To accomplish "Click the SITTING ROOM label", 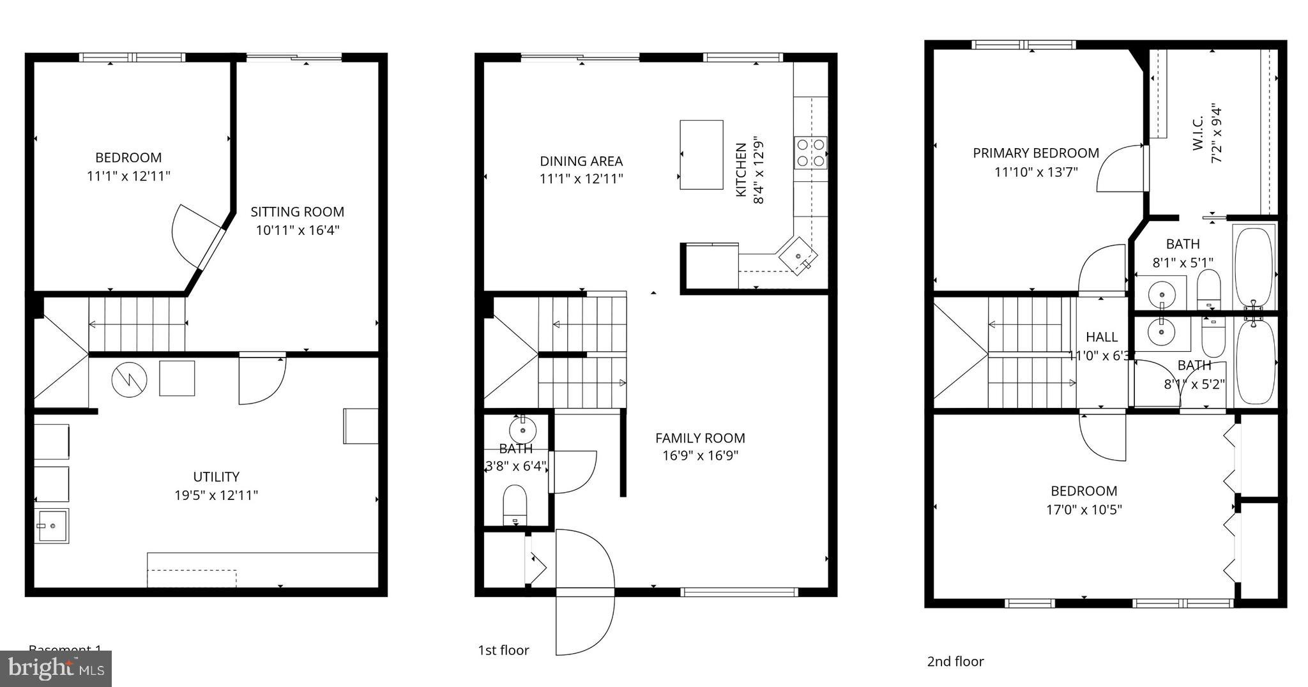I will click(x=297, y=212).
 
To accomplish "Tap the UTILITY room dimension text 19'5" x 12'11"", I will click(x=216, y=495).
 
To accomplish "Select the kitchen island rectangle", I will click(x=701, y=155).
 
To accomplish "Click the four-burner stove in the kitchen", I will click(x=810, y=153).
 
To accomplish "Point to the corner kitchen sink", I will click(x=798, y=256).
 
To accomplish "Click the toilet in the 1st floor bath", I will click(x=515, y=504).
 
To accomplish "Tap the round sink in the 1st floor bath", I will click(x=523, y=427).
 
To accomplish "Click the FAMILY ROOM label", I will click(x=700, y=438).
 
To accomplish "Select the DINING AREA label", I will click(x=581, y=162).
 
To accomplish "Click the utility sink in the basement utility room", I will click(x=52, y=525).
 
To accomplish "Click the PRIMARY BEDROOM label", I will click(x=1035, y=153).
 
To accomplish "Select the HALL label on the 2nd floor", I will click(x=1102, y=337).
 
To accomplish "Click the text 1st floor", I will click(x=503, y=650).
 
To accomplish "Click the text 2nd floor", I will click(x=955, y=661).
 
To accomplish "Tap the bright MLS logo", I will click(x=56, y=668).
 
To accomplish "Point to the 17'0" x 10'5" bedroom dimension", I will click(x=1084, y=510).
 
